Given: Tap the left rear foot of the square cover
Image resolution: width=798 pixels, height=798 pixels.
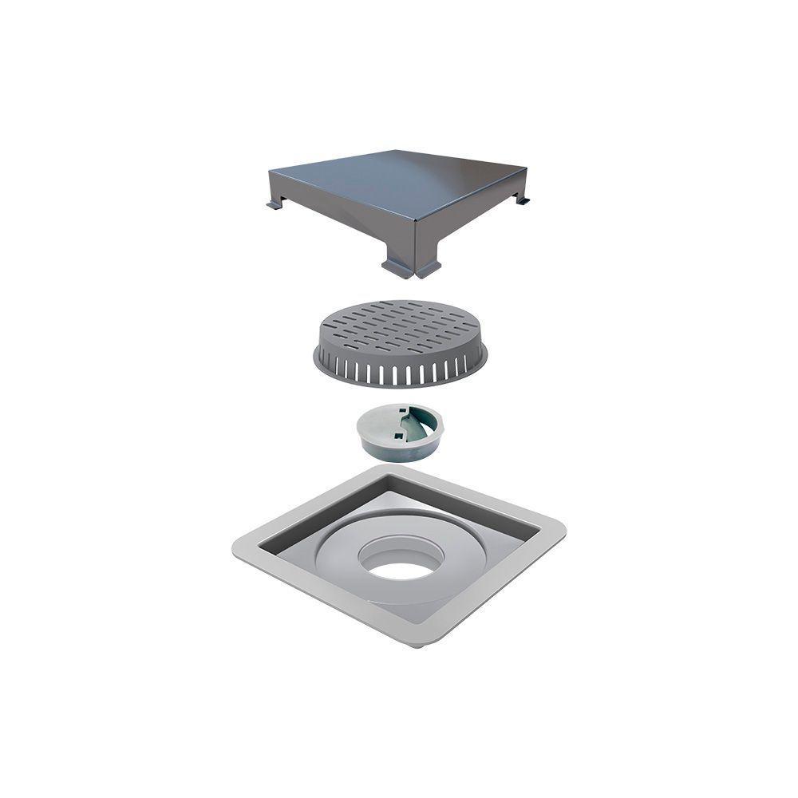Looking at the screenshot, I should [274, 206].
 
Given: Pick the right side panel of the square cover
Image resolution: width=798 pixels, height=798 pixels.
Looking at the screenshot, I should [471, 223].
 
